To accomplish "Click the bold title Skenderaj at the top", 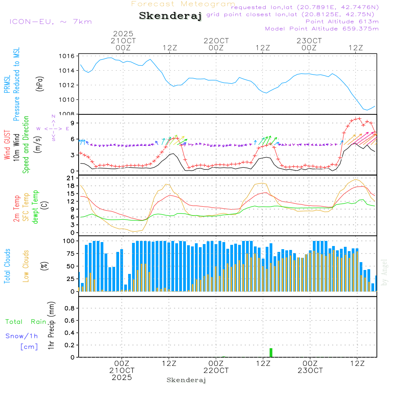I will pyautogui.click(x=170, y=16).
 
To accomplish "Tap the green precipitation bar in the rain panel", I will pyautogui.click(x=271, y=353).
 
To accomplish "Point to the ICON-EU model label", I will pyautogui.click(x=50, y=22).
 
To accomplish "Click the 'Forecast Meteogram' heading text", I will pyautogui.click(x=183, y=4).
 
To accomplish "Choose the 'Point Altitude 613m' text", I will pyautogui.click(x=342, y=22).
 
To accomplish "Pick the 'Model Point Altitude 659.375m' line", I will pyautogui.click(x=322, y=29).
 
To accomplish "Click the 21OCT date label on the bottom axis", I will pyautogui.click(x=122, y=371).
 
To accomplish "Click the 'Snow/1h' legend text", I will pyautogui.click(x=22, y=336).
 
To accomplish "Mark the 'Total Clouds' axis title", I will pyautogui.click(x=7, y=266).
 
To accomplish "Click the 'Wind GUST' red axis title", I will pyautogui.click(x=7, y=145).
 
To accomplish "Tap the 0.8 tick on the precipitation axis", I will pyautogui.click(x=69, y=308).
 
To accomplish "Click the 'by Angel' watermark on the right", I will pyautogui.click(x=384, y=273).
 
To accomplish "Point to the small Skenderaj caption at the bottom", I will pyautogui.click(x=186, y=380).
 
